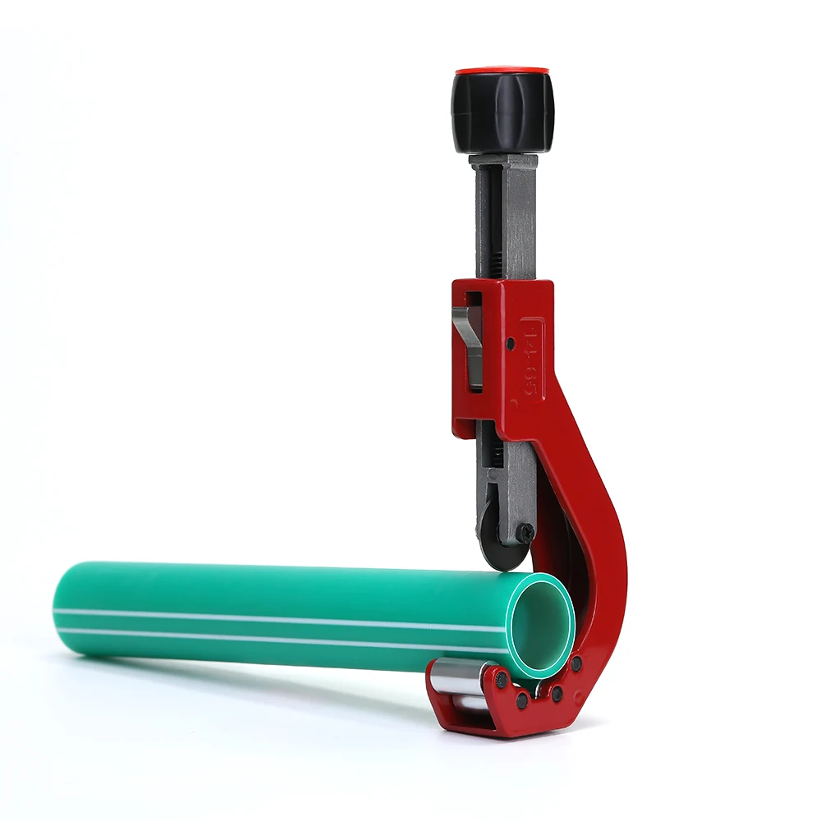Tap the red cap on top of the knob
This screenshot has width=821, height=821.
pyautogui.click(x=502, y=72)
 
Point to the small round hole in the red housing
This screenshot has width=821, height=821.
pyautogui.click(x=511, y=342)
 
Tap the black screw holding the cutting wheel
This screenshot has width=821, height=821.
pyautogui.click(x=525, y=534)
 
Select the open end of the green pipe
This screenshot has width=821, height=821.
pyautogui.click(x=542, y=624)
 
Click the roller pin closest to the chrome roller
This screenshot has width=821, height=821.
pyautogui.click(x=502, y=680)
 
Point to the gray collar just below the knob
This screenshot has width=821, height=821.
pyautogui.click(x=503, y=161)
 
